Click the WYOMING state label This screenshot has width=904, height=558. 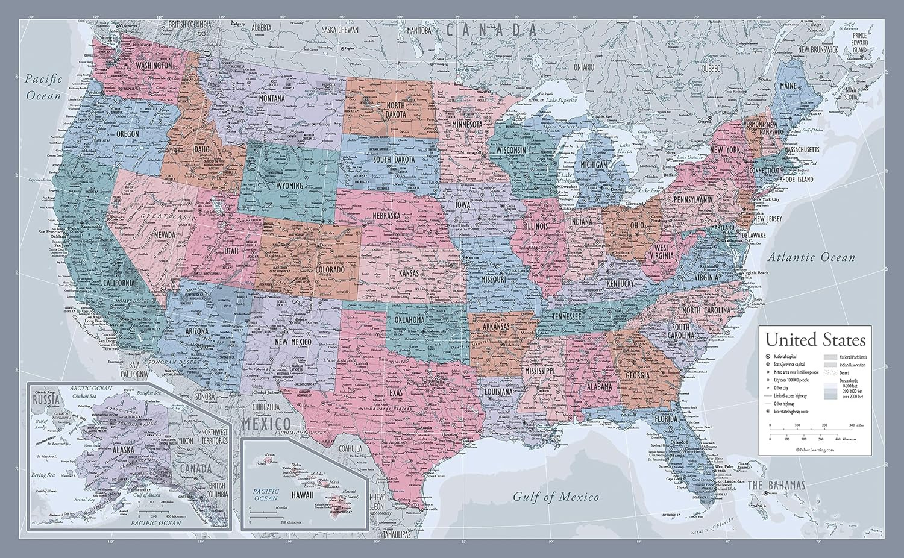(x=290, y=186)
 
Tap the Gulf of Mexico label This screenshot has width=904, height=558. (x=556, y=497)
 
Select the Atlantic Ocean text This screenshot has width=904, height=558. (x=811, y=258)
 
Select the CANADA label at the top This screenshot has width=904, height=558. (x=491, y=28)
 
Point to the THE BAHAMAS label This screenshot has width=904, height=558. (x=776, y=486)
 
